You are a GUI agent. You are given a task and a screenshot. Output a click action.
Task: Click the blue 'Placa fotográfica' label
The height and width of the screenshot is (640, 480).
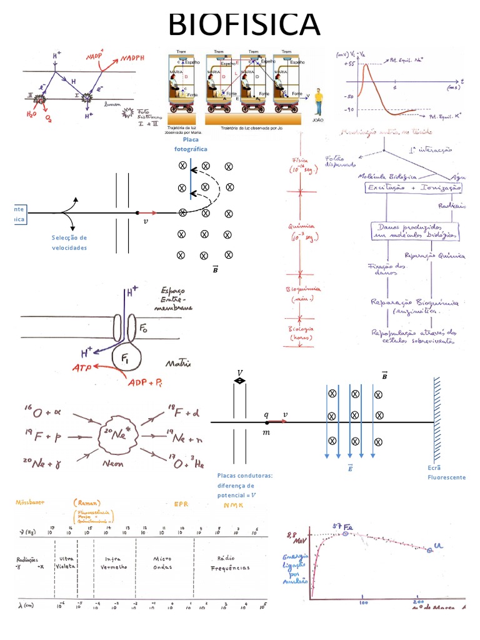point(191,144)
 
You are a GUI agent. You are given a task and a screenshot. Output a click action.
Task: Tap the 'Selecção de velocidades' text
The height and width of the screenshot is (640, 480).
point(69,242)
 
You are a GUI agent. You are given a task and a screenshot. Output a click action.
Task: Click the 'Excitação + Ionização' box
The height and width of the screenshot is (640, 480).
point(413,187)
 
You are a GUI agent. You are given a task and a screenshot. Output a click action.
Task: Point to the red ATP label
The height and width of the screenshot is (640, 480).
point(84,368)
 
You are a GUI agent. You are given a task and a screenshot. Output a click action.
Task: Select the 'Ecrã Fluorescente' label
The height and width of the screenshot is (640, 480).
point(446,472)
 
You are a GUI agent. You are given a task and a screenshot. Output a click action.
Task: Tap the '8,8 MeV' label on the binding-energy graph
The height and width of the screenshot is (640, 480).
point(294,540)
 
